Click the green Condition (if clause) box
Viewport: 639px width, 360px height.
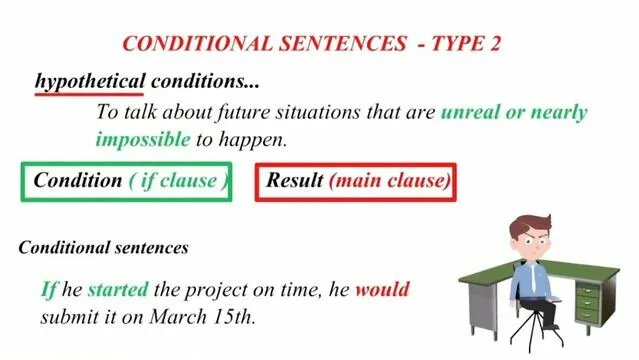[x=127, y=181]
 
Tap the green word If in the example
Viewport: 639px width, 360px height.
[x=48, y=290]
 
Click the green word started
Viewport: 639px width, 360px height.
[x=118, y=290]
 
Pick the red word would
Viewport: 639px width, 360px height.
[x=382, y=290]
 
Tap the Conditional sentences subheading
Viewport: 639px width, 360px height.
[x=103, y=246]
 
